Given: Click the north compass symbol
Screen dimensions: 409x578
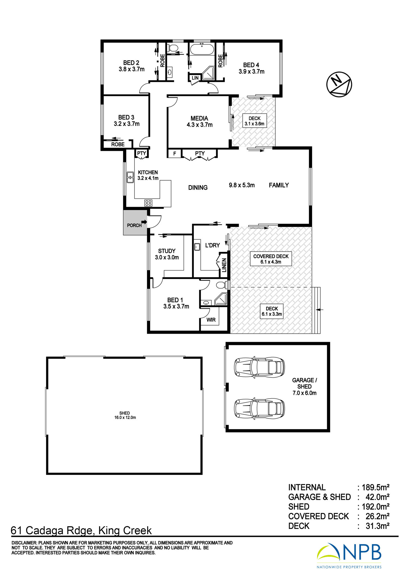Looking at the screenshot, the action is click(339, 84).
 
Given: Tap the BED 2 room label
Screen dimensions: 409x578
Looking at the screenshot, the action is click(131, 63).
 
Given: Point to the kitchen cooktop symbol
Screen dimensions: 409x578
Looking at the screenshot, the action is click(148, 203).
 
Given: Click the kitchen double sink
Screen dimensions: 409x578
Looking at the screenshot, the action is click(130, 177).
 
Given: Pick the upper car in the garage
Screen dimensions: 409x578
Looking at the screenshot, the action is click(259, 367).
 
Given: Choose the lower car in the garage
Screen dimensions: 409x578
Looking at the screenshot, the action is click(259, 409).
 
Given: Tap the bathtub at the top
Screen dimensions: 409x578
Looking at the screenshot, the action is click(202, 49).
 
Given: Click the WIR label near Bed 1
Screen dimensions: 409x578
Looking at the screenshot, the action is click(211, 320).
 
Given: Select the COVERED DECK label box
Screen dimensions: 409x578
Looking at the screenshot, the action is click(271, 259).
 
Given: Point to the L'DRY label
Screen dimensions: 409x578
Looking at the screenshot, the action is click(212, 245).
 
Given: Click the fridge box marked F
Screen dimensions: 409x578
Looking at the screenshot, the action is click(175, 153).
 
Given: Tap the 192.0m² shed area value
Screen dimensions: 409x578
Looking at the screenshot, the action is click(375, 507).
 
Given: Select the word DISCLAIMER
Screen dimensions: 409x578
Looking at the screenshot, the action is click(24, 543).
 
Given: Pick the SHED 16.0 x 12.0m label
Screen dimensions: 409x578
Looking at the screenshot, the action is click(125, 415).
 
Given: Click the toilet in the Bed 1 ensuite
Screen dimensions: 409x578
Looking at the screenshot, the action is click(222, 285).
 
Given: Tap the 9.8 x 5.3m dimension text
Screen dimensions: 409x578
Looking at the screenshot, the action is click(242, 185).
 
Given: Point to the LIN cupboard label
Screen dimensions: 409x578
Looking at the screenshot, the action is click(195, 78).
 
